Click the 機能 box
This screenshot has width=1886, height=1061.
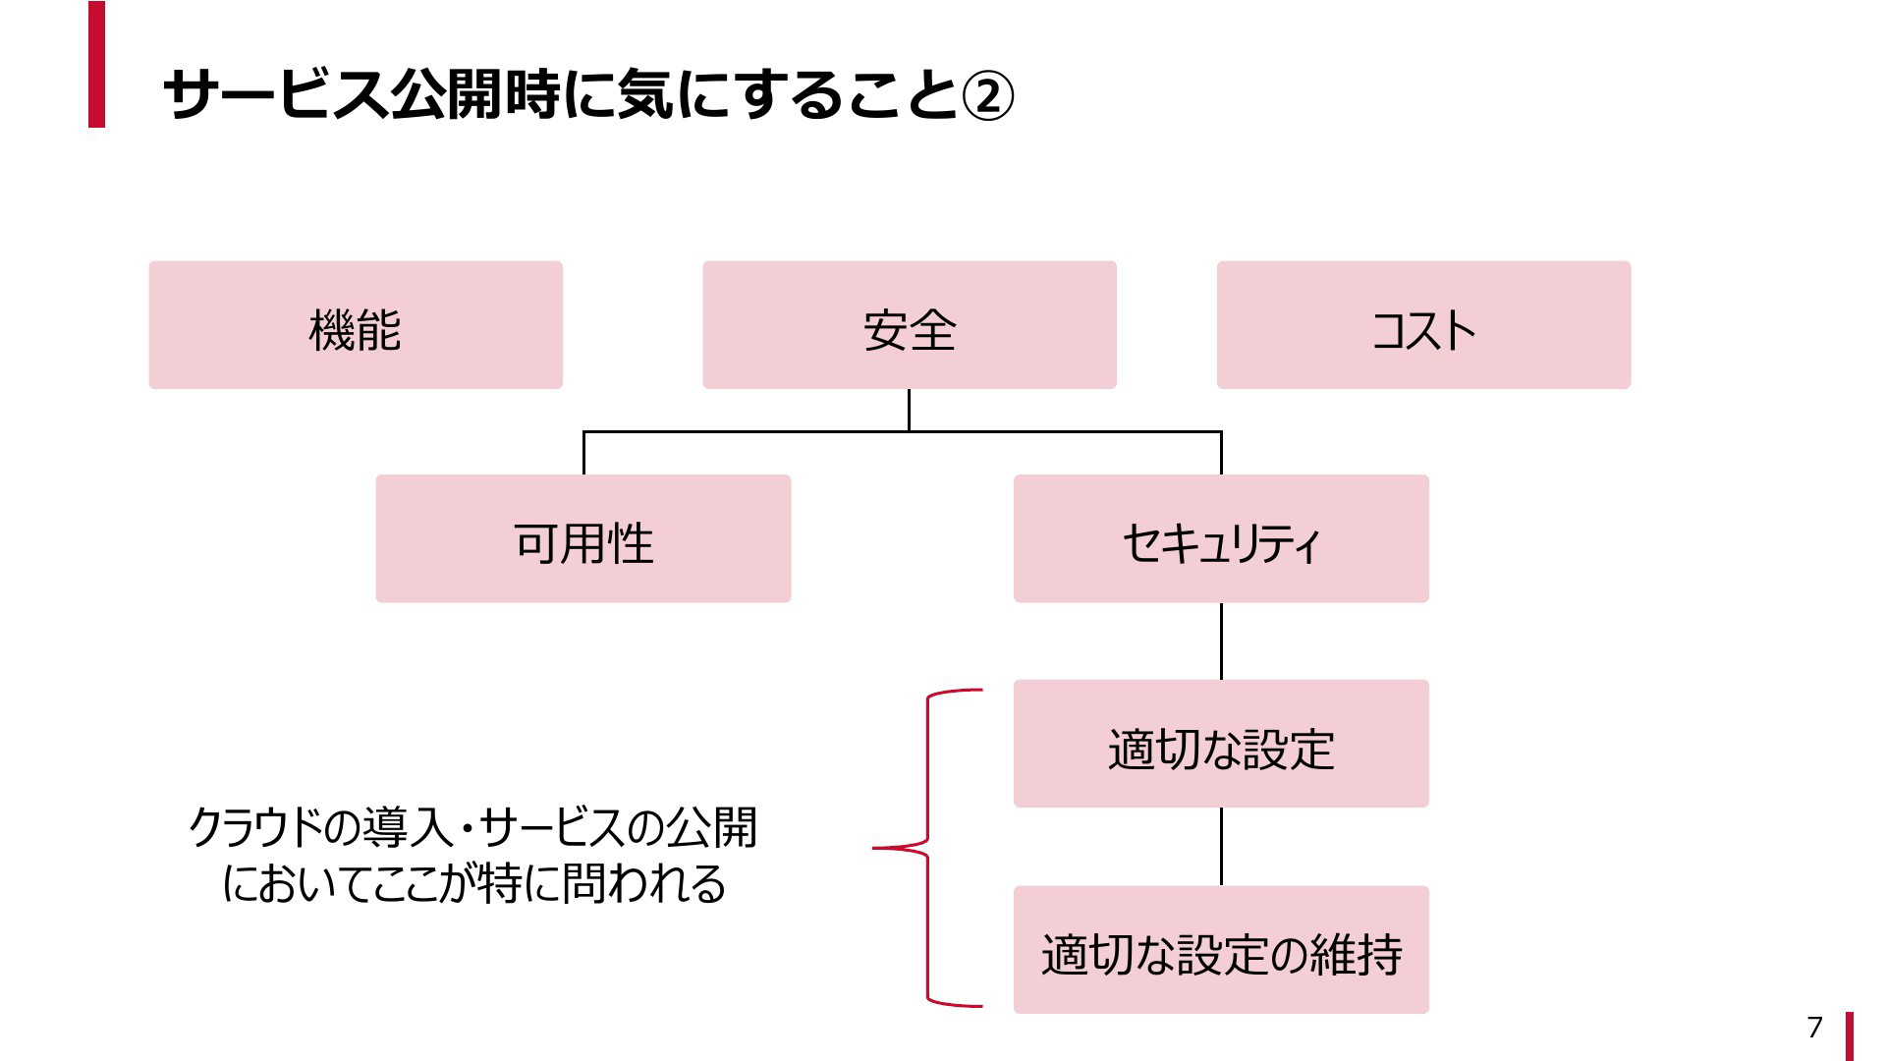click(x=356, y=325)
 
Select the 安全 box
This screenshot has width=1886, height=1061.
click(x=910, y=325)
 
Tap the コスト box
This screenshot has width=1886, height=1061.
click(x=1423, y=325)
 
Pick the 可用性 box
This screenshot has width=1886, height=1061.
click(x=583, y=538)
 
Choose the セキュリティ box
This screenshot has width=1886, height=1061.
click(x=1221, y=538)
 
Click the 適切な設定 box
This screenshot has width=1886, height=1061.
click(x=1221, y=744)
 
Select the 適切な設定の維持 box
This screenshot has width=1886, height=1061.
click(x=1221, y=950)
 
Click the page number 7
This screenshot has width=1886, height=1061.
click(x=1814, y=1027)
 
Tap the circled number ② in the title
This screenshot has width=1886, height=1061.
click(x=987, y=96)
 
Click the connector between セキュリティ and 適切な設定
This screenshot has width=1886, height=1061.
click(x=1221, y=642)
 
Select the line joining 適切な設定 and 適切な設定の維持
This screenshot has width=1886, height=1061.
click(x=1221, y=847)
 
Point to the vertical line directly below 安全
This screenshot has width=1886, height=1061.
click(x=909, y=410)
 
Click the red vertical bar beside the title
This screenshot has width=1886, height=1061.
click(x=96, y=64)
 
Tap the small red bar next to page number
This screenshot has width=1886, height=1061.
click(x=1850, y=1036)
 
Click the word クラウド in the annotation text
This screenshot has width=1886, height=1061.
click(x=255, y=827)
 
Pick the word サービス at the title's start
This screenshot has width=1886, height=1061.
click(x=276, y=95)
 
